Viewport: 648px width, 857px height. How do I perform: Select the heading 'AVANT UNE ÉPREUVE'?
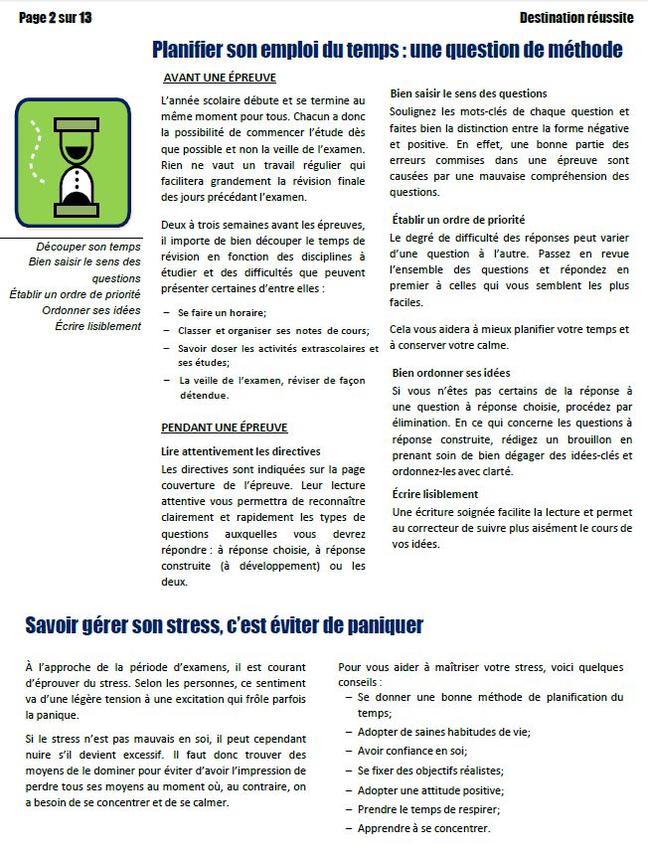pos(219,78)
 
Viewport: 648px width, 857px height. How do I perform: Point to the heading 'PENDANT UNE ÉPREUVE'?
pos(225,428)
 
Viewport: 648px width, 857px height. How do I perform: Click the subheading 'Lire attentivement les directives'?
pos(241,450)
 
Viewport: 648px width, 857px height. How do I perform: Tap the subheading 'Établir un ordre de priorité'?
pos(457,219)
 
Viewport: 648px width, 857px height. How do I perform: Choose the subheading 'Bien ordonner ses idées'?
pos(449,373)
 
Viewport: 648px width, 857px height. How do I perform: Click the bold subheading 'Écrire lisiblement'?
pos(434,494)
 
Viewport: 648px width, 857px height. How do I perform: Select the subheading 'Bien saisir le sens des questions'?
pos(468,93)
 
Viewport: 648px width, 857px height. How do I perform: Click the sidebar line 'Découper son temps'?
pos(88,247)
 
